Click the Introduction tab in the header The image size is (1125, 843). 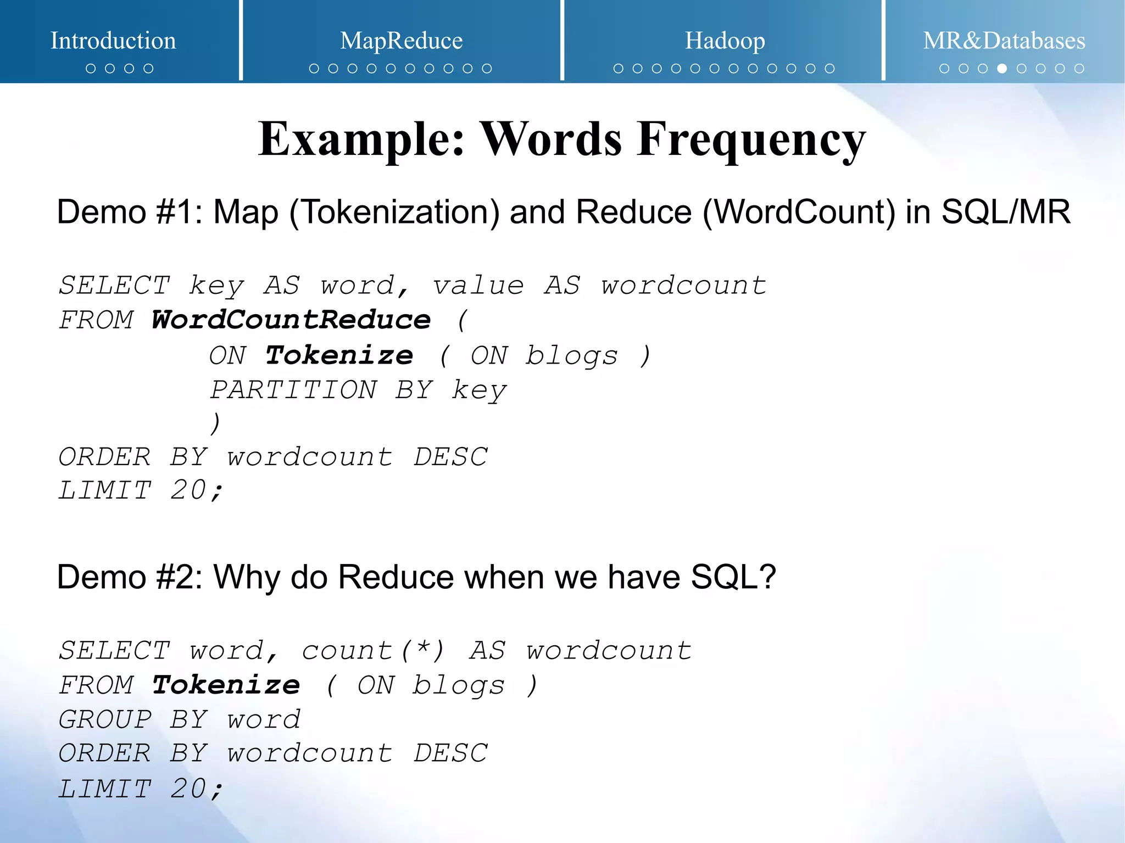[x=113, y=41]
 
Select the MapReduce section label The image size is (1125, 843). [x=401, y=41]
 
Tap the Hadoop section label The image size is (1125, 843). [x=725, y=41]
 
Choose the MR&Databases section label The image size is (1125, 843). [x=1004, y=41]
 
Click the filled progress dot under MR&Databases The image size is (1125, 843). [x=1002, y=69]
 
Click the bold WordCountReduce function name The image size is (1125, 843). [x=291, y=320]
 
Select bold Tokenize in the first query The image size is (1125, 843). [x=339, y=355]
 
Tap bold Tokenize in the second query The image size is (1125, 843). [x=226, y=685]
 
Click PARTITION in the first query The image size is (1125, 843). [x=293, y=390]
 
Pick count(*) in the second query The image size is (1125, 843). [x=373, y=651]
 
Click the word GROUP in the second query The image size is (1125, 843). [x=105, y=719]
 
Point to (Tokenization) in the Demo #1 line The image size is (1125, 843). [x=394, y=213]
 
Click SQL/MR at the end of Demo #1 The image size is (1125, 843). [x=1005, y=213]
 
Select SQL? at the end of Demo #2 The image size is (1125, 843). [x=733, y=577]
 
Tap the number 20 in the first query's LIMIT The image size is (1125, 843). [x=188, y=490]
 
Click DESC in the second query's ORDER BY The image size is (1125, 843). [x=450, y=753]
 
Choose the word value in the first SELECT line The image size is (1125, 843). [x=478, y=286]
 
